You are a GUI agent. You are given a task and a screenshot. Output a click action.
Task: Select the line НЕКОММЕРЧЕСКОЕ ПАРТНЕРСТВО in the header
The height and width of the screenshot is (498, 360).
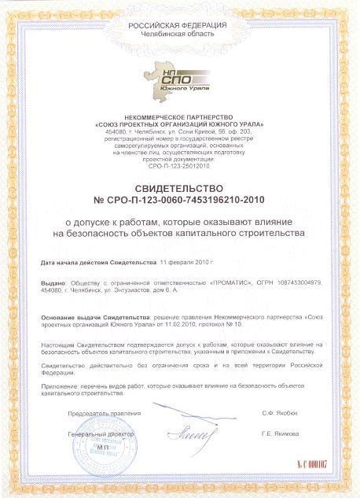179,116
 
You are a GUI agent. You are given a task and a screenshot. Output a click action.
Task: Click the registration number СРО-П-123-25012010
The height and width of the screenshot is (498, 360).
179,167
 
